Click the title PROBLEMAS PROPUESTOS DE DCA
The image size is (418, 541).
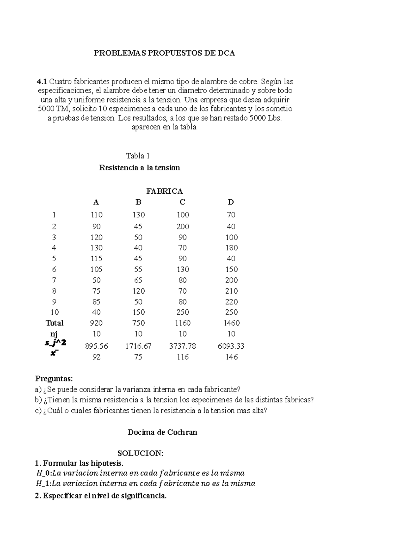pos(164,53)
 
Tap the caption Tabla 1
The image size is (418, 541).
pos(138,156)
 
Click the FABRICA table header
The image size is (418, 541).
pos(164,191)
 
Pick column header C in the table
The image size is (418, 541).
pos(182,202)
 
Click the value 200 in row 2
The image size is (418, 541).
pos(183,227)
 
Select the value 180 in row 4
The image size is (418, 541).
pos(231,248)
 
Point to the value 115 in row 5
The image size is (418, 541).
pos(96,259)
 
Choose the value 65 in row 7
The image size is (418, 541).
pos(138,280)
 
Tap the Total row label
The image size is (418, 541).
pos(54,323)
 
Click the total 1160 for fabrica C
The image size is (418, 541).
pos(183,323)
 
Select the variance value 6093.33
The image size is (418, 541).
pos(231,346)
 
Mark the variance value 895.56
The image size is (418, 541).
pos(96,346)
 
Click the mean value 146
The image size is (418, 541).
pos(231,357)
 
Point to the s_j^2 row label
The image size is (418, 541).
pos(55,343)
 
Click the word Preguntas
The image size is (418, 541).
pos(54,379)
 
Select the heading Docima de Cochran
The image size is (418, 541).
pos(162,432)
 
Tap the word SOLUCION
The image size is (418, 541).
pos(140,454)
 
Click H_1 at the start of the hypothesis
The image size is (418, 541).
pos(43,484)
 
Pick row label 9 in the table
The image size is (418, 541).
pos(54,302)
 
